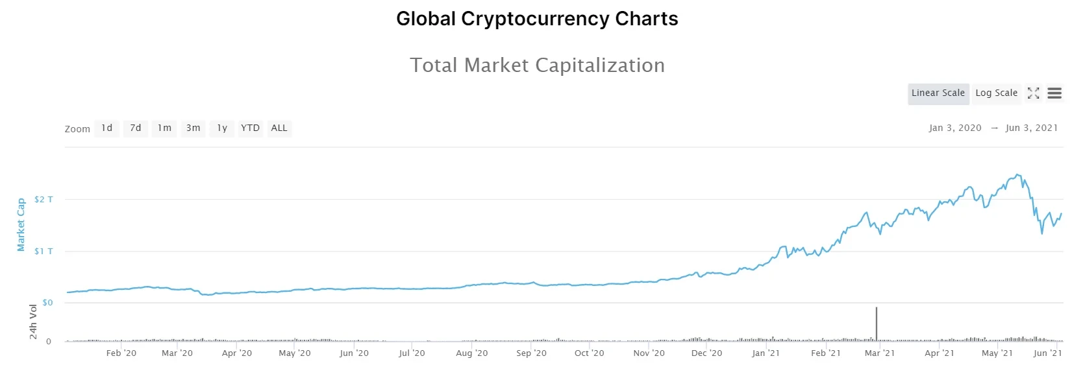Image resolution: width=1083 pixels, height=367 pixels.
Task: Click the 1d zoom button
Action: tap(107, 128)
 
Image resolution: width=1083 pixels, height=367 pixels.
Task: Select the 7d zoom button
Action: tap(136, 128)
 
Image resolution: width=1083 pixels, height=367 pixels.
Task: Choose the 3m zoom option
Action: tap(193, 128)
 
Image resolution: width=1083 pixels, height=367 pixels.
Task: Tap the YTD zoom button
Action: tap(250, 128)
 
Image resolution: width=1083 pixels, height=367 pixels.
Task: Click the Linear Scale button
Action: tap(938, 93)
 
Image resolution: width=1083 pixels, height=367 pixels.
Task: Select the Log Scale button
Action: tap(996, 93)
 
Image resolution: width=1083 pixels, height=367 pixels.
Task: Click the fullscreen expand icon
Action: tap(1033, 93)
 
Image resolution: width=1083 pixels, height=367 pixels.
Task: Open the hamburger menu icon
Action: tap(1054, 93)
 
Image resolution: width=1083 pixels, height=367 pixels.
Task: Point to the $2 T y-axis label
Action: tap(44, 200)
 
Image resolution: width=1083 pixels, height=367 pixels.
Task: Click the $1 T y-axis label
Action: tap(44, 252)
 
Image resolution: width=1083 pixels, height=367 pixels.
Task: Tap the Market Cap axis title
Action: tap(21, 225)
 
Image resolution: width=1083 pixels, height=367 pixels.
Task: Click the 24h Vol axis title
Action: tap(33, 322)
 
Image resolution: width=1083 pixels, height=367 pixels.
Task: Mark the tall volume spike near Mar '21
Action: tap(876, 323)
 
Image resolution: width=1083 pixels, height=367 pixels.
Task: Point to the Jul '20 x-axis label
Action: tap(412, 353)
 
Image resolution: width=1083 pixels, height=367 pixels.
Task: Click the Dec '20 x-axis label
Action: tap(706, 353)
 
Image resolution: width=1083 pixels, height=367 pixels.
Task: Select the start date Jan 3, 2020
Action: tap(954, 128)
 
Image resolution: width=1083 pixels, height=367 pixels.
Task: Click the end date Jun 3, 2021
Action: tap(1031, 128)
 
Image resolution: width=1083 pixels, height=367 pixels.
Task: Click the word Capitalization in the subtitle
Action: tap(600, 65)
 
